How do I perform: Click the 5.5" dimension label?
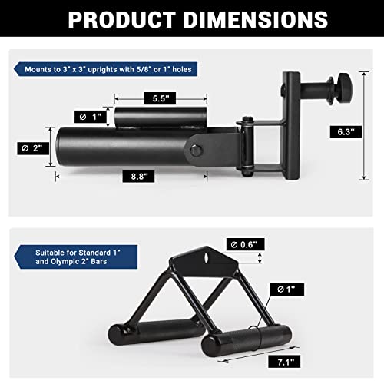160,98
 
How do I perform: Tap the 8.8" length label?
138,176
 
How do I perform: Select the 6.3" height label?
346,132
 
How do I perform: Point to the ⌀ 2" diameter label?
33,148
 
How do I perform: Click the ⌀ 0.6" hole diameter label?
246,244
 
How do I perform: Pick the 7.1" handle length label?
284,362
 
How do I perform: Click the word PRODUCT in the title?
122,19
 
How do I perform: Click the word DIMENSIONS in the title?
256,19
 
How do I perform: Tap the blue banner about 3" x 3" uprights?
105,69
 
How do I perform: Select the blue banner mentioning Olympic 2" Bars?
76,257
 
